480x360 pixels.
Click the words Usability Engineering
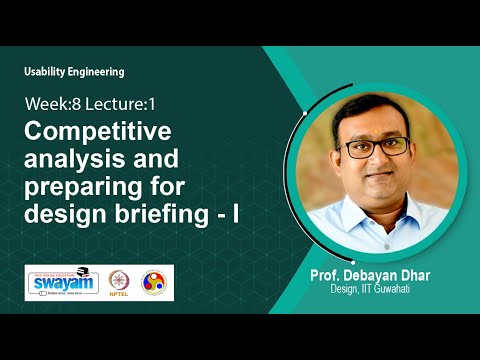tap(75, 72)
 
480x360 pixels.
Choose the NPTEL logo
tap(119, 281)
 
